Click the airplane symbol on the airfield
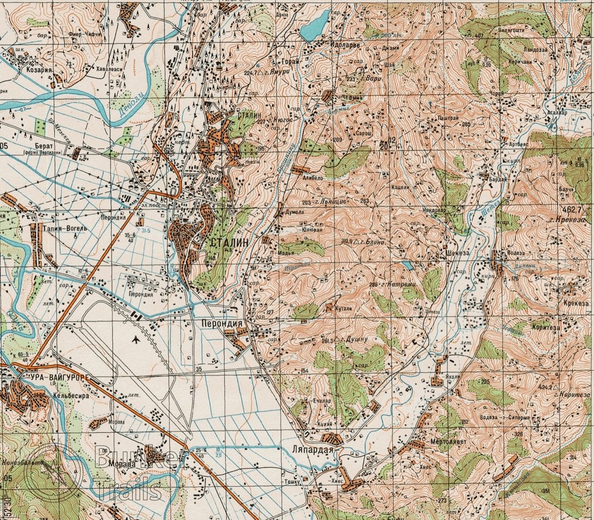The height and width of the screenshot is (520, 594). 135,340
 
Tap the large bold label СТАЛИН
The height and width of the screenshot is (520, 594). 229,243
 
